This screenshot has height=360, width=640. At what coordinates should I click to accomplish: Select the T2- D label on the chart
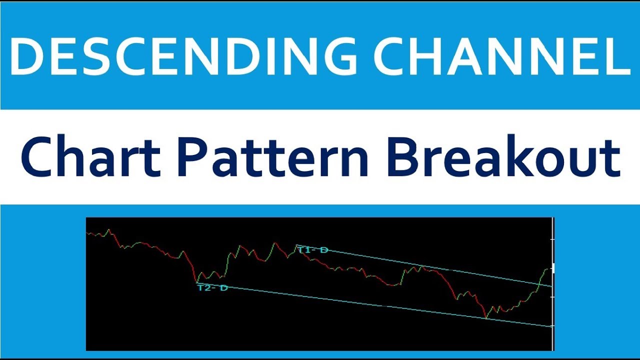pos(212,288)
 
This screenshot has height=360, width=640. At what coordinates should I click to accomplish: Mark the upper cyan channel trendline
pos(425,266)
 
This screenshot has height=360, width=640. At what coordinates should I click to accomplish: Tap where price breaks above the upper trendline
pos(538,283)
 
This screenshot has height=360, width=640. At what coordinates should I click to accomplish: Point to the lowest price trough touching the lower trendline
pos(485,317)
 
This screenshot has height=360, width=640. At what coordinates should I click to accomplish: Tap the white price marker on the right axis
pos(552,268)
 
